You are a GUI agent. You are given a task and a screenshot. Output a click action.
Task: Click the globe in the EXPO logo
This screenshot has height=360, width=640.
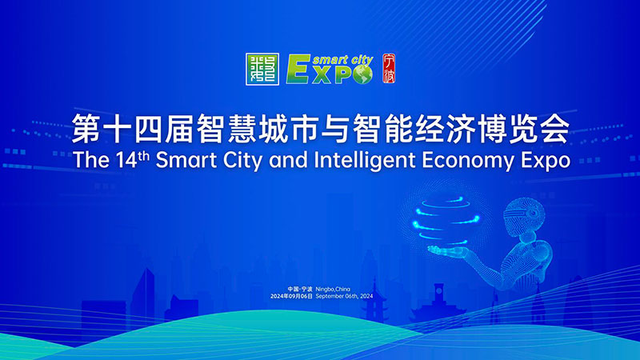(x=364, y=73)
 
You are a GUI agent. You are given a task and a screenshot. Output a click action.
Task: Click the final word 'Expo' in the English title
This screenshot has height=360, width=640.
(x=545, y=160)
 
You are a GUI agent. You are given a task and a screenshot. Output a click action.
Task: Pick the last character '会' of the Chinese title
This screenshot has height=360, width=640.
(x=553, y=127)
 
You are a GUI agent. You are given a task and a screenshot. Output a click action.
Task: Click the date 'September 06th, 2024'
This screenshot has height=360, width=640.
(x=345, y=296)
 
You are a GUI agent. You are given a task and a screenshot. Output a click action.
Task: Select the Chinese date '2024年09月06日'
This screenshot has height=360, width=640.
(x=292, y=296)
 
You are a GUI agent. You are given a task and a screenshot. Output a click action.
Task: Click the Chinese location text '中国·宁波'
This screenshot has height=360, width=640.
(x=301, y=288)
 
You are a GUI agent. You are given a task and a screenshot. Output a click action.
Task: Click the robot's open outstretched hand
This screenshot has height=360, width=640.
(x=448, y=250)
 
